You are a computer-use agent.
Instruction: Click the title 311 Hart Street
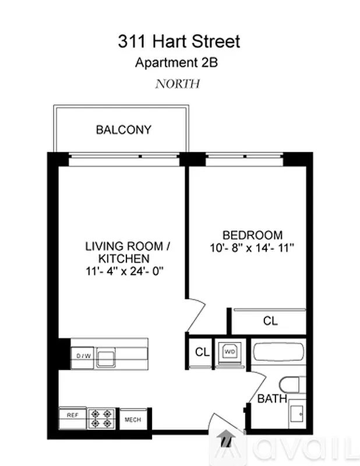pyautogui.click(x=179, y=42)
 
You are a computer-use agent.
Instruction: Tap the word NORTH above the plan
pyautogui.click(x=177, y=83)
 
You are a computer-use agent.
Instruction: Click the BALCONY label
pyautogui.click(x=123, y=130)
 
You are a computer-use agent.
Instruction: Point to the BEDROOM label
pyautogui.click(x=253, y=235)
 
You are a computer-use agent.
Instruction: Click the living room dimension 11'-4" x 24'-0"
pyautogui.click(x=123, y=271)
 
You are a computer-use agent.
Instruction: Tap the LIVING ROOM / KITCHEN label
pyautogui.click(x=123, y=252)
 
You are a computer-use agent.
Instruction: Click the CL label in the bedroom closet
pyautogui.click(x=270, y=320)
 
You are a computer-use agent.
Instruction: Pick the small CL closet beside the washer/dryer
pyautogui.click(x=202, y=352)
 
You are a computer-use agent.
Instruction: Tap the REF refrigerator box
pyautogui.click(x=72, y=415)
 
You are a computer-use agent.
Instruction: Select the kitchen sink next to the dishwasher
pyautogui.click(x=106, y=356)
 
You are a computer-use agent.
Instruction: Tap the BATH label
pyautogui.click(x=272, y=399)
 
